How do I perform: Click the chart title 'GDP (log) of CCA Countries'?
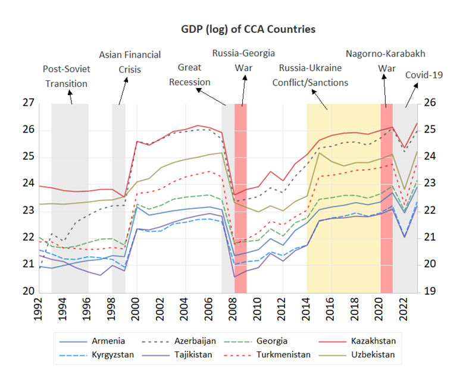coord(248,29)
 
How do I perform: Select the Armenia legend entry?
coord(108,341)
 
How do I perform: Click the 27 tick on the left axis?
coord(28,103)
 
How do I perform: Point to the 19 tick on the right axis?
coord(430,291)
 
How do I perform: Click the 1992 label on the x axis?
coord(39,309)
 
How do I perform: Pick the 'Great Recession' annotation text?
coord(189,74)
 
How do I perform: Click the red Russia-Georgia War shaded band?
coord(240,196)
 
